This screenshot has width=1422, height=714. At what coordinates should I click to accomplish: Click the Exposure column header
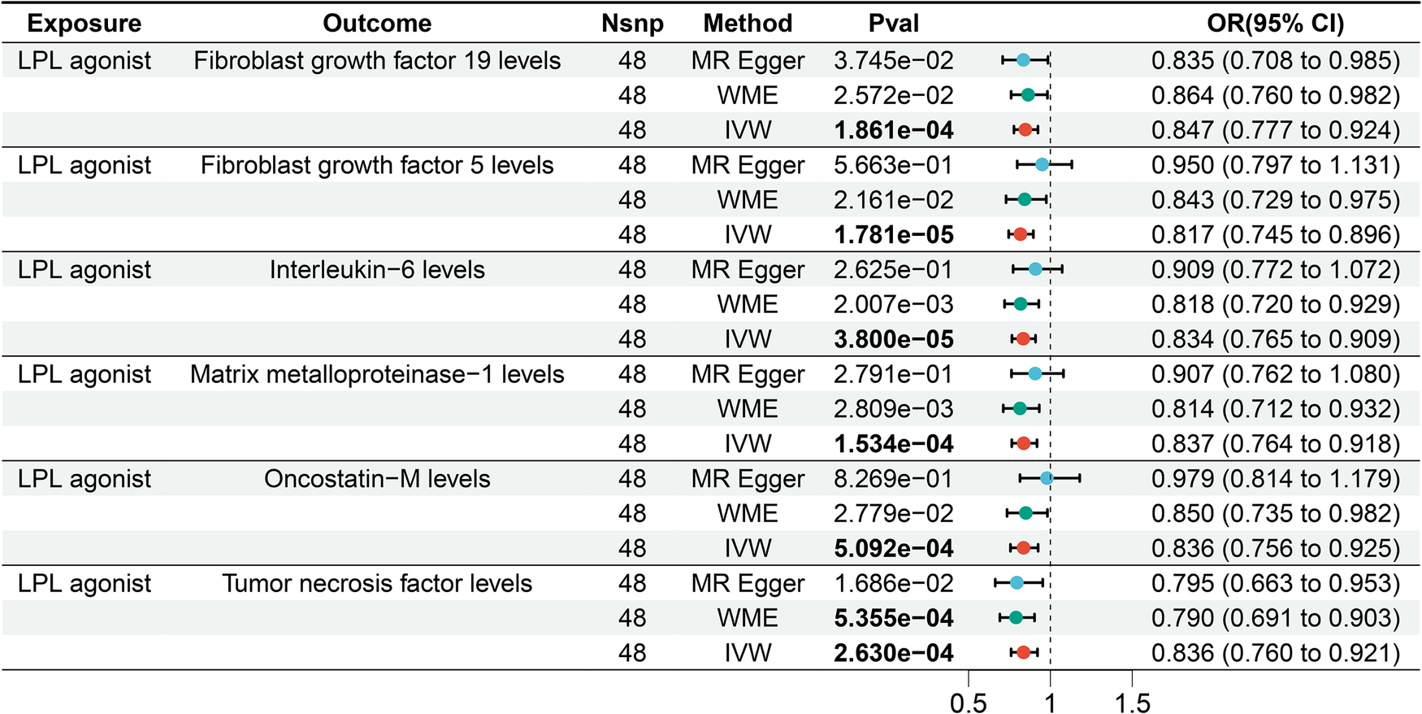84,24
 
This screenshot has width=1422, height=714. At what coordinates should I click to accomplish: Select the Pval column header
893,24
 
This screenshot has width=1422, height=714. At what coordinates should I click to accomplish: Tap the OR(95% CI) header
1275,24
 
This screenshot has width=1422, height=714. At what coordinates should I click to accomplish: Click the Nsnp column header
632,24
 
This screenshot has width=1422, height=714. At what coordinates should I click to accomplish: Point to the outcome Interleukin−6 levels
377,270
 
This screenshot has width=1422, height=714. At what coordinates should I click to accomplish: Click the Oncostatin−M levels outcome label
377,479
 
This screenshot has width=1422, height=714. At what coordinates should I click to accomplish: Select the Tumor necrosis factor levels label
377,584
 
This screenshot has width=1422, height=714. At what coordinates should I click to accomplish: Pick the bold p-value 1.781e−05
893,235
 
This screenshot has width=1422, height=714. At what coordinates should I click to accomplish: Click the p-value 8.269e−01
893,479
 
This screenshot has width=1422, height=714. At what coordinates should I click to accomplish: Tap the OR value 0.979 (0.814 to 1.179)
1275,479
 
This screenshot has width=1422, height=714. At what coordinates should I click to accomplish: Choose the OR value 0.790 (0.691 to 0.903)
1275,618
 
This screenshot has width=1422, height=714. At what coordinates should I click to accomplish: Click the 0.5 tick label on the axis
968,703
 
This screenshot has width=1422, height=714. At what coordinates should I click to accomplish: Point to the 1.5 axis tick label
1132,703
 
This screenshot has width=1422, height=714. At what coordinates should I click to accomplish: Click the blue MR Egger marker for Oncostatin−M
1047,479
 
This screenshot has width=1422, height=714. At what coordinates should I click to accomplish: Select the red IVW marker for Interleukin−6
1023,339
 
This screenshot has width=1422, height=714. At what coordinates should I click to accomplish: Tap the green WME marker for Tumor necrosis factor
1016,618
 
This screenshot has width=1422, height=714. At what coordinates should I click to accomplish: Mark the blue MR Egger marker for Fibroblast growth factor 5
1042,165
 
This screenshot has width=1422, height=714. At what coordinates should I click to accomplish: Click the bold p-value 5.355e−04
893,618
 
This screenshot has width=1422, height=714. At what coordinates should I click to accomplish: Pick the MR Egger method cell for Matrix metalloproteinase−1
748,375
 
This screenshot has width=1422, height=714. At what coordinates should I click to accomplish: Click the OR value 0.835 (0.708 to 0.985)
1275,61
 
